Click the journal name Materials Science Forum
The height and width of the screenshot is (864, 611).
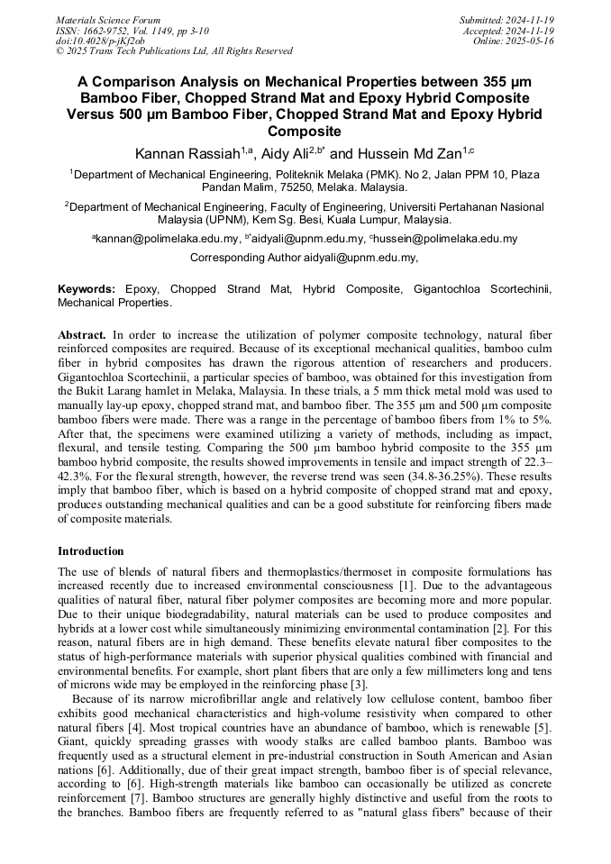(108, 20)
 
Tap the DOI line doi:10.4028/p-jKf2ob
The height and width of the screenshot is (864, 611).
(100, 41)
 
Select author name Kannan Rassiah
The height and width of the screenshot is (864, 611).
(186, 154)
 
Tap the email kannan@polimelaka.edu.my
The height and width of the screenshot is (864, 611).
(167, 239)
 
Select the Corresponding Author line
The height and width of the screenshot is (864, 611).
(305, 258)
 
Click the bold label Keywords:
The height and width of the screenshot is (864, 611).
(87, 289)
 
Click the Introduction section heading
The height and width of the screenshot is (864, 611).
(91, 551)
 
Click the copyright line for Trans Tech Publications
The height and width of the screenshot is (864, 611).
(173, 51)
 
